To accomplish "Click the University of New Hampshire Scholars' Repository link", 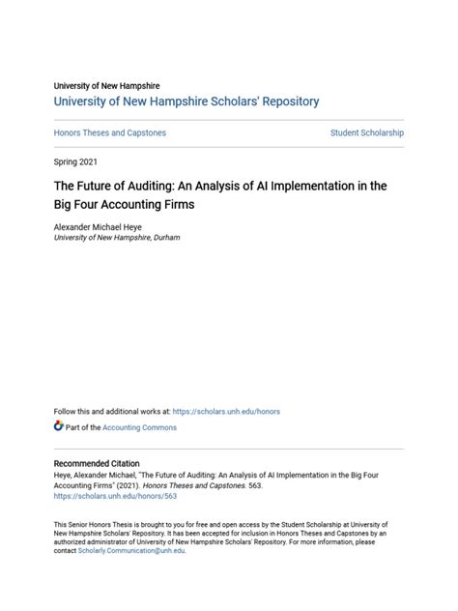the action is coord(186,102).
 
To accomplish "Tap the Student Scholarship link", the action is coord(367,132).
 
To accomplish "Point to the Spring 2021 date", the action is coord(75,161).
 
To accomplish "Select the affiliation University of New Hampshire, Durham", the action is coord(116,237).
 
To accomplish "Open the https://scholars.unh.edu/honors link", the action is coord(228,411).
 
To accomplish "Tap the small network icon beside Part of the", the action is coord(59,426).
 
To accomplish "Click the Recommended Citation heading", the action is coord(97,464).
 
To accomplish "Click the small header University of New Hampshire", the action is coord(106,86).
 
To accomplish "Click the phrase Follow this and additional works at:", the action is coord(111,411).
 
